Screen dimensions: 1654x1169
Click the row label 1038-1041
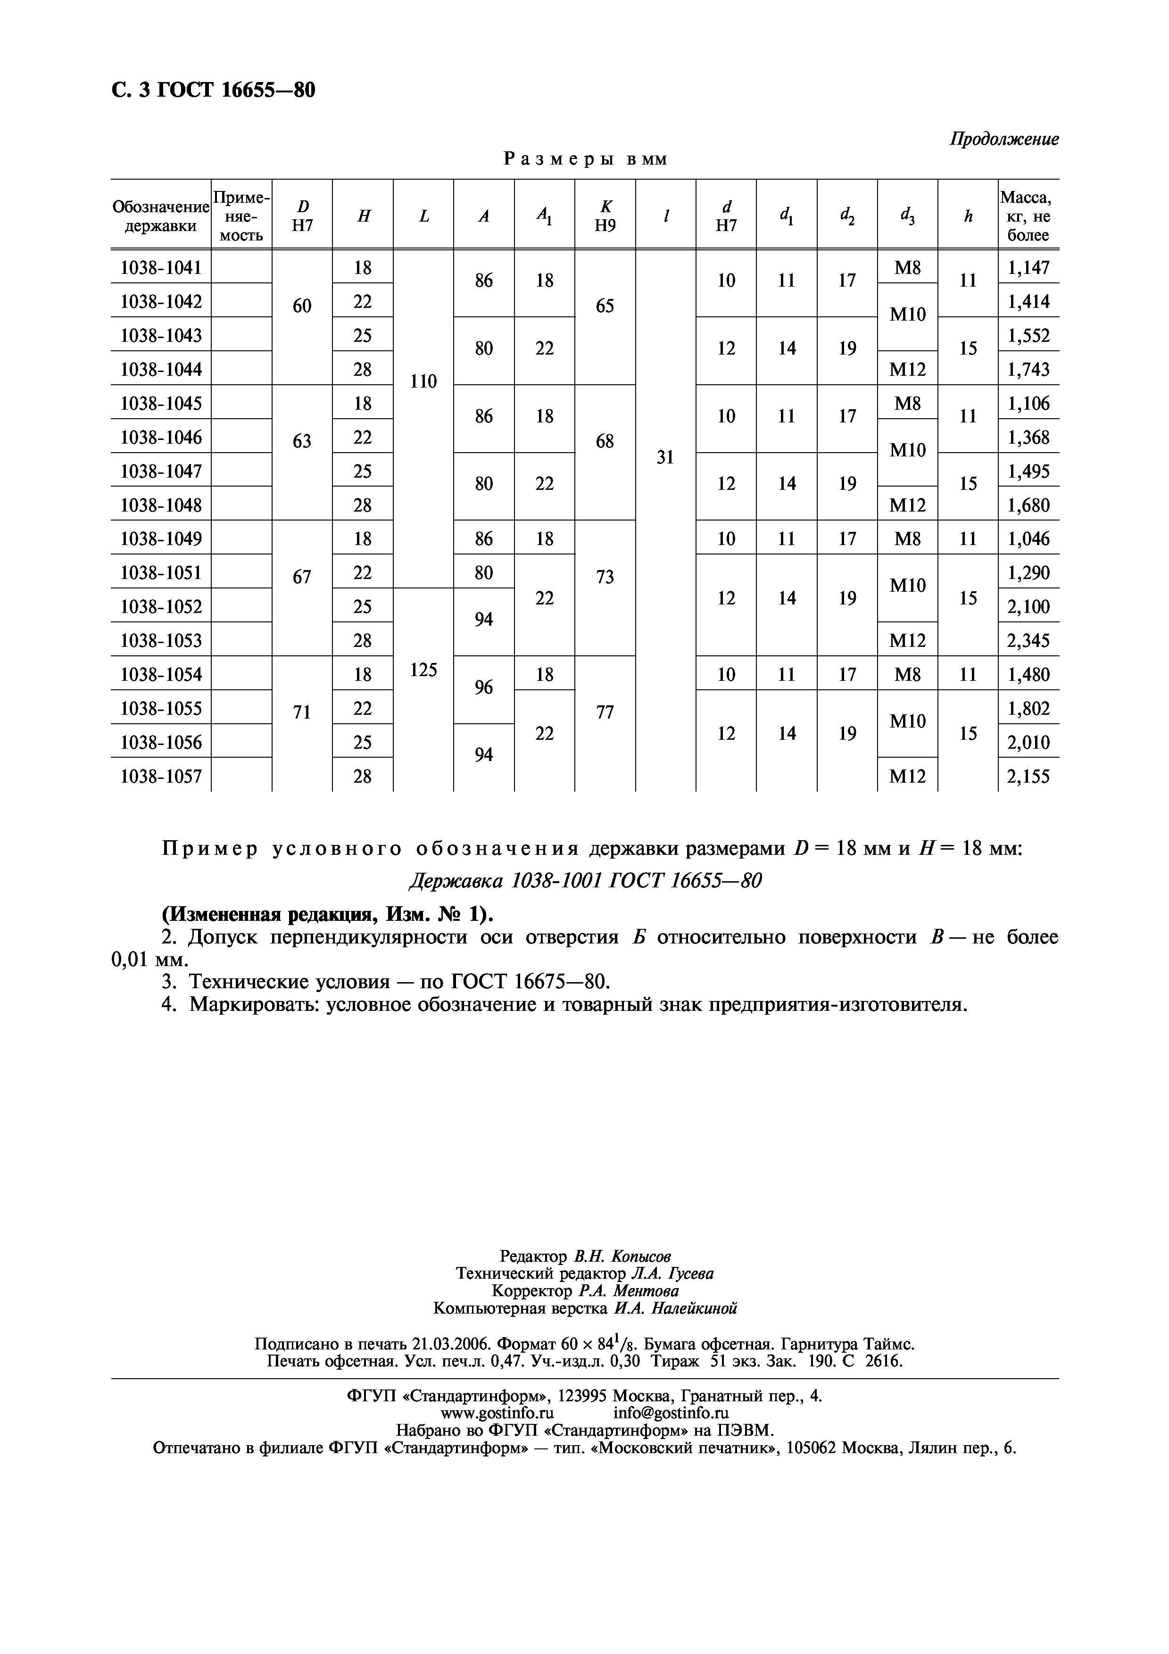tap(161, 268)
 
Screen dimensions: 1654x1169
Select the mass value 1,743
tap(1028, 370)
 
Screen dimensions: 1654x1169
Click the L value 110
tap(423, 382)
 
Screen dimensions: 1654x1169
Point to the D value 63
tap(302, 440)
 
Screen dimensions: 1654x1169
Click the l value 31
tap(665, 457)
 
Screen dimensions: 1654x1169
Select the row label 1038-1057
tap(161, 776)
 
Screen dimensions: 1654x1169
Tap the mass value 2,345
tap(1028, 640)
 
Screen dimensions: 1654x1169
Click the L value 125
tap(423, 670)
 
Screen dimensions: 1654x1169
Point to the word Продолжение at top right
tap(1003, 139)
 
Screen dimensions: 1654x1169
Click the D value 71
tap(302, 712)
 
